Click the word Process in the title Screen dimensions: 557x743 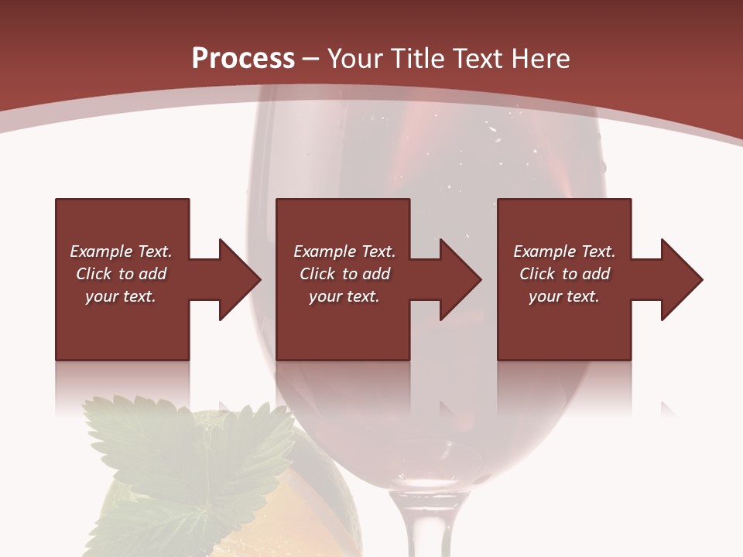coord(243,59)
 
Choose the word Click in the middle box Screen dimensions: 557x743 coord(317,274)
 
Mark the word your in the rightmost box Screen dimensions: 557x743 coord(546,296)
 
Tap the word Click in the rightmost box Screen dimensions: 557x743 coord(537,274)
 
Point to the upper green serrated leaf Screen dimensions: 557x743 coord(186,441)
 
